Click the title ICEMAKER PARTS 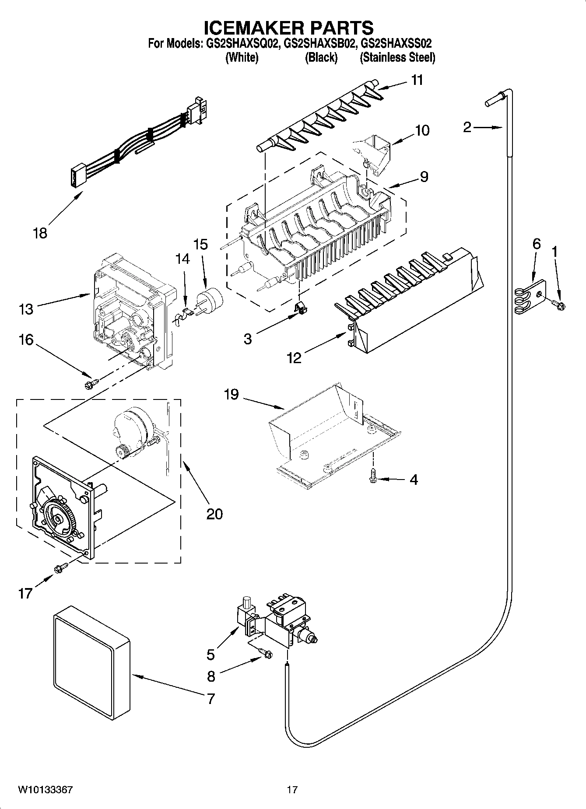(x=289, y=27)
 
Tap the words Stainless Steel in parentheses (x=397, y=57)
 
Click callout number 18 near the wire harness (x=40, y=233)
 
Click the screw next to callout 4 (x=373, y=476)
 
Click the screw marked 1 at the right (x=559, y=302)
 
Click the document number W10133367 (x=45, y=790)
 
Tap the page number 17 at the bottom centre (x=292, y=790)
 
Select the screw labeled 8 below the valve (x=266, y=654)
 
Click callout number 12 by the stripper (x=294, y=358)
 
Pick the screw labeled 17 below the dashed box (x=60, y=568)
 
